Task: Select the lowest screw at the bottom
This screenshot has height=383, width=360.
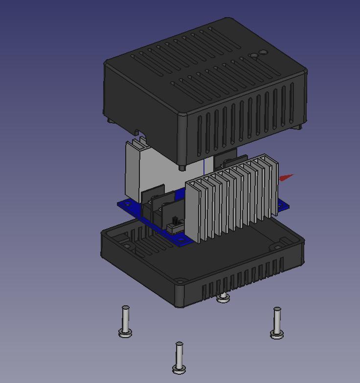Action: tap(179, 357)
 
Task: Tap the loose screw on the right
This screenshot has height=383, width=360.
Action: tap(277, 322)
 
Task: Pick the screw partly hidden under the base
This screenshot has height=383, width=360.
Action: tap(223, 297)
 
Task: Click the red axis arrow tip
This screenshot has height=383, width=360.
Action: tap(289, 176)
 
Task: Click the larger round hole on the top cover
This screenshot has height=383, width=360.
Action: tap(263, 52)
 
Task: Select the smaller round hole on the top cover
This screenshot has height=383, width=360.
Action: tap(254, 56)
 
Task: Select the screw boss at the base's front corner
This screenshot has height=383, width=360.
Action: tap(181, 281)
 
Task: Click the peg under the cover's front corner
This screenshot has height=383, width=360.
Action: tap(182, 168)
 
